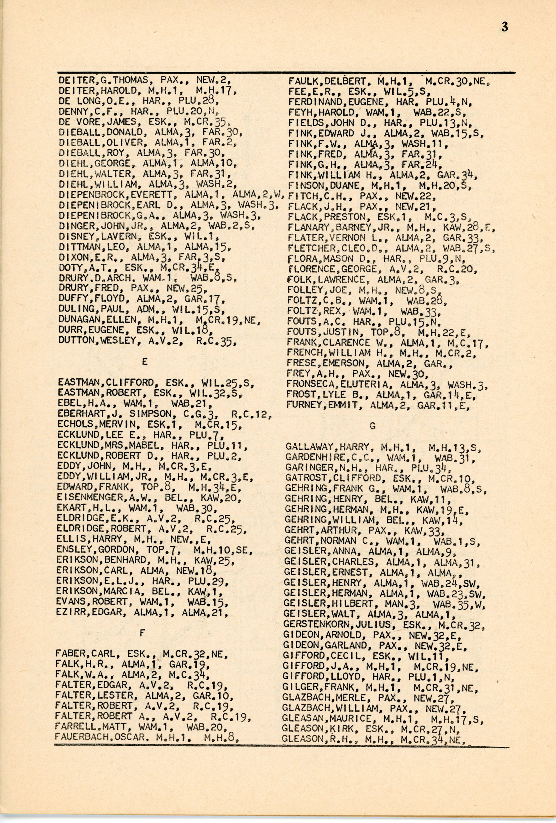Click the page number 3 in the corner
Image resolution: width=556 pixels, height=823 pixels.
tap(505, 27)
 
